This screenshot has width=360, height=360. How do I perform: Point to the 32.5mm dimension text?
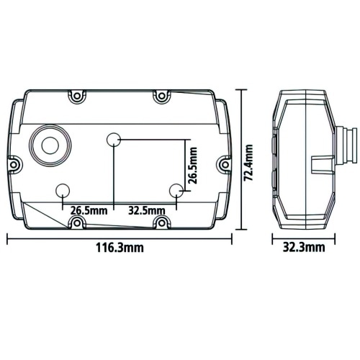pyautogui.click(x=147, y=210)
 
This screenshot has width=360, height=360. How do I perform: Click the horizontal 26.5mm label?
pyautogui.click(x=89, y=210)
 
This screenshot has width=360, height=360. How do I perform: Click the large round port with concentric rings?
pyautogui.click(x=50, y=144)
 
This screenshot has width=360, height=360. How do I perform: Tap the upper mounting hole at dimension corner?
pyautogui.click(x=114, y=139)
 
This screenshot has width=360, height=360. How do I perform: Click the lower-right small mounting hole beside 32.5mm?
pyautogui.click(x=176, y=190)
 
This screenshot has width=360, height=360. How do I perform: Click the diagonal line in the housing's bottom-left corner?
pyautogui.click(x=43, y=213)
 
